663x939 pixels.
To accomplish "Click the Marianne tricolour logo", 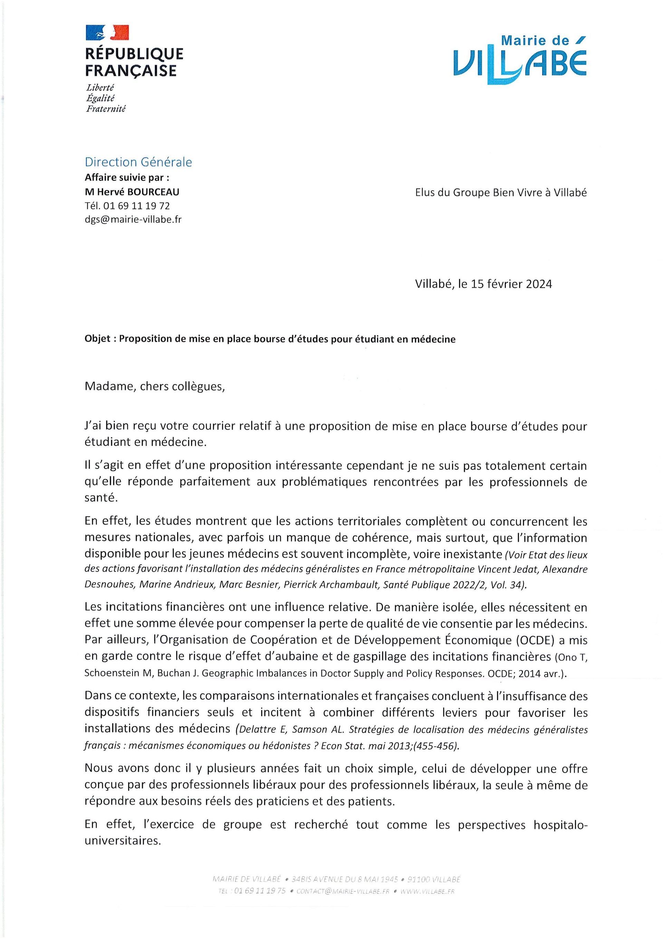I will coord(107,33).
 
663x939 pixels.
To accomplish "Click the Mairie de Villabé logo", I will coord(520,60).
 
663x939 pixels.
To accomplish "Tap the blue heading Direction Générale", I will coord(138,162).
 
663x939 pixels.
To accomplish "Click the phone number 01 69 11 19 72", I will coord(139,206).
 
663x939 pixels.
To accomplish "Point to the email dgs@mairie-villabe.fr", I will coord(133,219).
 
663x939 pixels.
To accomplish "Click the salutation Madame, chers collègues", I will coord(154,386).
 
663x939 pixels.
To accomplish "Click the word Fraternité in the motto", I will coord(105,109).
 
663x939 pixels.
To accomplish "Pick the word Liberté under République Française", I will coord(100,87).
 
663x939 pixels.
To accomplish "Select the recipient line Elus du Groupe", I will coord(501,193).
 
